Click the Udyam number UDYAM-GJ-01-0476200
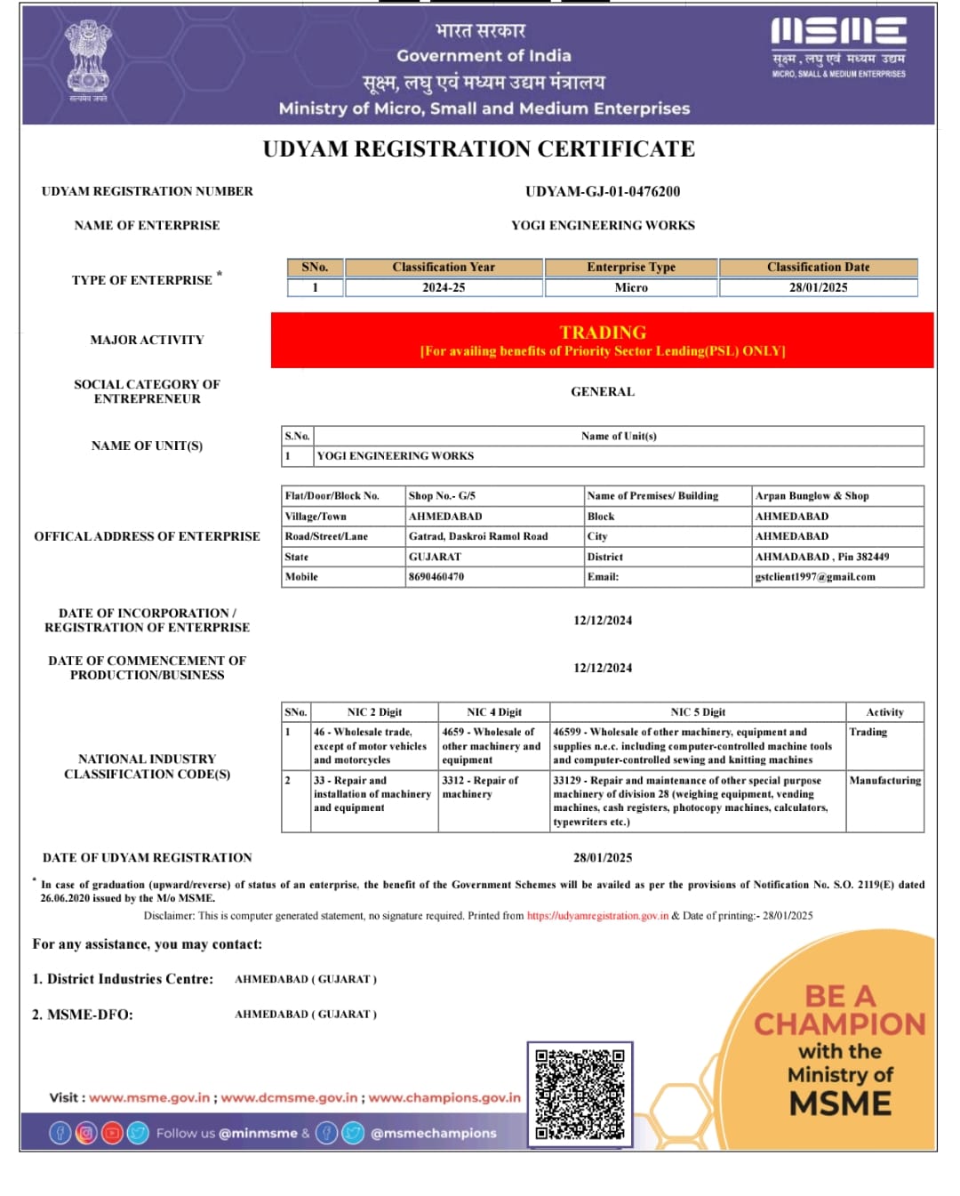603,191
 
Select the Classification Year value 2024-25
444,287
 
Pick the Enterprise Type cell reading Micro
631,287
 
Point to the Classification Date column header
818,267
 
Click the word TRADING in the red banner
603,333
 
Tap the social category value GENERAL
603,391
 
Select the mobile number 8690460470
436,576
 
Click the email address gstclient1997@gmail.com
814,576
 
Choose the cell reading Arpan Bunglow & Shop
812,495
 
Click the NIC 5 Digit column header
698,711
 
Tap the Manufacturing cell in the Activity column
884,780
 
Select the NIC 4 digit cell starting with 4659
491,745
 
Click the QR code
580,1094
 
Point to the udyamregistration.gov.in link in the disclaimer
597,915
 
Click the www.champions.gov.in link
444,1097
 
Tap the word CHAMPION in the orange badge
840,1024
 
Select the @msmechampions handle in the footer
433,1133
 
